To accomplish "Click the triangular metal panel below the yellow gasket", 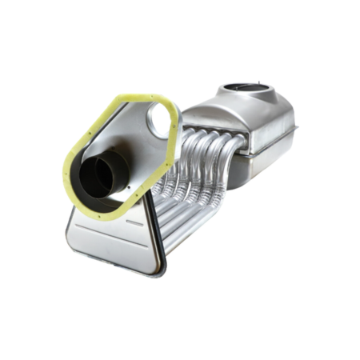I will coord(112,244).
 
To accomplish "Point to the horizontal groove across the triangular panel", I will coord(112,237).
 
